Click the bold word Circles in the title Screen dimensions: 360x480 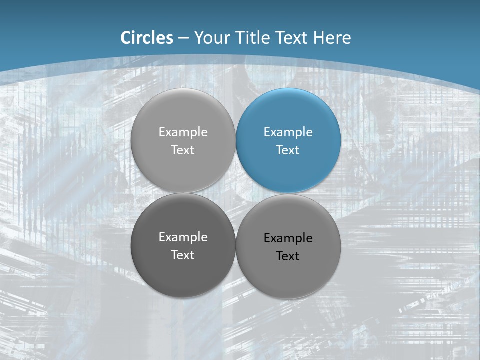pyautogui.click(x=147, y=38)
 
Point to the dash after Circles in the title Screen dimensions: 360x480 pyautogui.click(x=183, y=38)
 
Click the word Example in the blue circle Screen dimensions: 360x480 pyautogui.click(x=288, y=132)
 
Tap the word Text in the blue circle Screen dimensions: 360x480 pyautogui.click(x=288, y=150)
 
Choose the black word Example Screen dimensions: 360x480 pyautogui.click(x=288, y=238)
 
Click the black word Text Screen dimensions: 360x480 pyautogui.click(x=288, y=256)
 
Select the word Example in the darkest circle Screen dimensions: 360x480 pyautogui.click(x=183, y=237)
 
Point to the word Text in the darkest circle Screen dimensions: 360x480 pyautogui.click(x=183, y=255)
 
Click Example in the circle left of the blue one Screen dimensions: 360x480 pyautogui.click(x=183, y=132)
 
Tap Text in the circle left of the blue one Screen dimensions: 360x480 pyautogui.click(x=183, y=150)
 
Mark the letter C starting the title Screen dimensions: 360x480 pyautogui.click(x=126, y=38)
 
